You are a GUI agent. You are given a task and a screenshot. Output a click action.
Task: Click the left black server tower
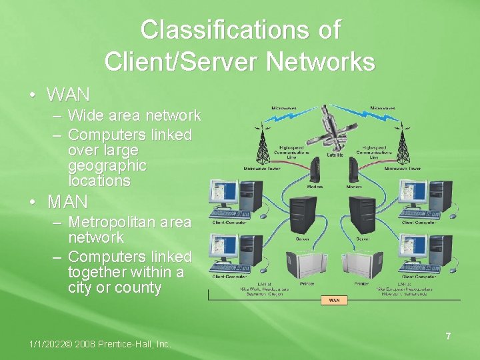coord(303,213)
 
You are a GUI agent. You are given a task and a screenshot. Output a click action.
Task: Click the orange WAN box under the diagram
coord(334,300)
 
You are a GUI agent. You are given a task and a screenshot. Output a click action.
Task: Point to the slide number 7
coord(448,337)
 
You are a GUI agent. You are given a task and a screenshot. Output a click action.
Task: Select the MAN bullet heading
coord(68,201)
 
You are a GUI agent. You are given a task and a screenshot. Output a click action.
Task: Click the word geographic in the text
coord(107,165)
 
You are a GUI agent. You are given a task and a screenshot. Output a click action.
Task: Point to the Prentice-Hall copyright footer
coord(100,344)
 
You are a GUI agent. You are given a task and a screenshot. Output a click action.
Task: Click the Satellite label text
coord(334,155)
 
